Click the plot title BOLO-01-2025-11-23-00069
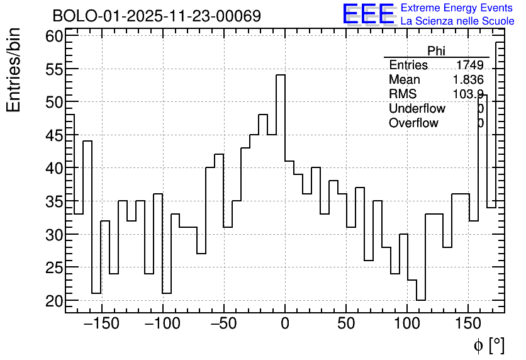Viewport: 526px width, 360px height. [156, 16]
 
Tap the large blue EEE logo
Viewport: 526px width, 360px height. [368, 14]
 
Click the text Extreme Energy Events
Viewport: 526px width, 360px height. [457, 8]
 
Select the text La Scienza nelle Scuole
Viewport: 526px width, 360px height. [457, 21]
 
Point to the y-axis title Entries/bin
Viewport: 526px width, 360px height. [14, 70]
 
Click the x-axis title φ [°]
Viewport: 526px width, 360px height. [488, 345]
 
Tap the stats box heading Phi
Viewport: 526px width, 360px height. [436, 51]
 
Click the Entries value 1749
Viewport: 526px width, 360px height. [469, 65]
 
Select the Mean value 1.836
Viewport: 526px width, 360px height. [468, 80]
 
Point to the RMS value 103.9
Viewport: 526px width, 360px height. [468, 94]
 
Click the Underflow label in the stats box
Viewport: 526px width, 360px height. [417, 109]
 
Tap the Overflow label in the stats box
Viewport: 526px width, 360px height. [413, 123]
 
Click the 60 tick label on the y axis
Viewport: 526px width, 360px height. [54, 36]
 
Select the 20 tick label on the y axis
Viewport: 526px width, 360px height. [54, 301]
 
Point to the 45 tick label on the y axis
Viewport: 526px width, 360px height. [54, 135]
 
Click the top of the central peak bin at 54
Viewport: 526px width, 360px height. [281, 75]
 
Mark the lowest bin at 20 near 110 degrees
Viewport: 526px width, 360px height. [421, 300]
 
